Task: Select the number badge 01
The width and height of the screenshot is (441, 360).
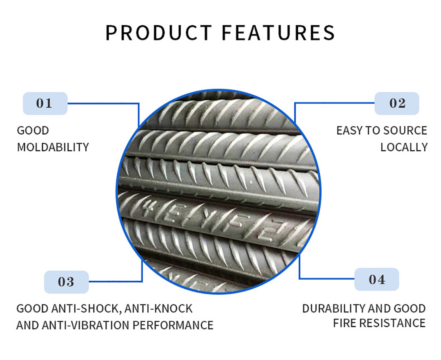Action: click(x=45, y=103)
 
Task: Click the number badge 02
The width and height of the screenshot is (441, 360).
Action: click(x=397, y=103)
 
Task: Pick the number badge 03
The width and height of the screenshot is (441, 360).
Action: click(x=66, y=282)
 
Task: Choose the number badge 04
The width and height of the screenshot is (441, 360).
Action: click(x=376, y=280)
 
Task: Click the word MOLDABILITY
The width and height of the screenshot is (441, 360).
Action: click(x=53, y=147)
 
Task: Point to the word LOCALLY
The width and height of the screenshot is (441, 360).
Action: click(x=404, y=147)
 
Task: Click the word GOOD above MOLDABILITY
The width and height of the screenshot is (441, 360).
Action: click(x=33, y=131)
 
